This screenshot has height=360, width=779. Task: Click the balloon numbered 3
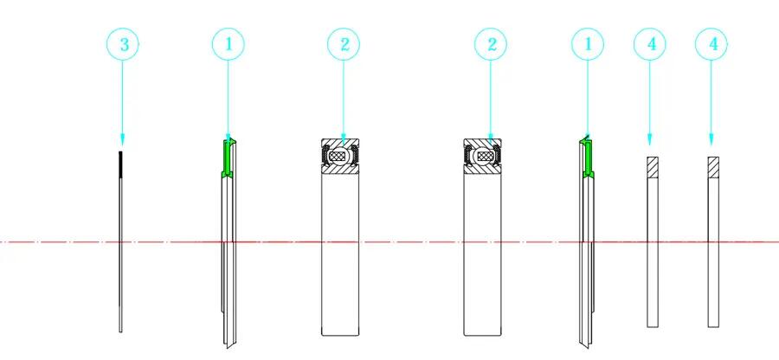(123, 44)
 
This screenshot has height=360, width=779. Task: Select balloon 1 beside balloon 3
(228, 44)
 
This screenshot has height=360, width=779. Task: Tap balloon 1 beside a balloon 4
(588, 44)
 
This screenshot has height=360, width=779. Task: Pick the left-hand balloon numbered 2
(344, 44)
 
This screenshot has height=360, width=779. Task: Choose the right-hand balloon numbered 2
(491, 44)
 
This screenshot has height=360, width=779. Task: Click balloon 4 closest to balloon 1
(650, 44)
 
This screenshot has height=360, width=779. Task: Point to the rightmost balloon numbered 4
(711, 44)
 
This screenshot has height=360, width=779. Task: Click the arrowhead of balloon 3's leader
(123, 139)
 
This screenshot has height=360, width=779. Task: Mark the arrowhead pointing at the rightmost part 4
(711, 139)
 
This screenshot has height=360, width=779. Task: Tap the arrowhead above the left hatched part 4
(650, 139)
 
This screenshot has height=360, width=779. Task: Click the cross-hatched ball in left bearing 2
(340, 157)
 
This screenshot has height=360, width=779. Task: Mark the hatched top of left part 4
(653, 167)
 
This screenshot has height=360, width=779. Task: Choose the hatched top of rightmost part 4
(713, 167)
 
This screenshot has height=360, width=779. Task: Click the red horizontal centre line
(389, 242)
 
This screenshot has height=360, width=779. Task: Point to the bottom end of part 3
(120, 331)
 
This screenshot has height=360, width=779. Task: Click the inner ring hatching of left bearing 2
(340, 169)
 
